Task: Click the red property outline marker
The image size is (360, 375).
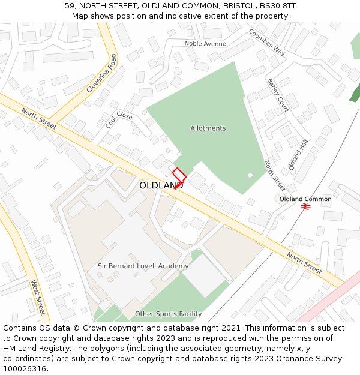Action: click(179, 178)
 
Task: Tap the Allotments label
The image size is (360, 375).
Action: click(208, 128)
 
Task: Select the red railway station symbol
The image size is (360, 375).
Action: click(305, 207)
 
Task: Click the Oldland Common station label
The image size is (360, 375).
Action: click(305, 199)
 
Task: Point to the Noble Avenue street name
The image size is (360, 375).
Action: click(205, 44)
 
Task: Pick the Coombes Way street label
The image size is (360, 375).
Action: click(267, 42)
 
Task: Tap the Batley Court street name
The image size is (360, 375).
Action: click(278, 95)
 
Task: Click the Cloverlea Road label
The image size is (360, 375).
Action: click(101, 73)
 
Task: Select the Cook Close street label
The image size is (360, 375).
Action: click(119, 119)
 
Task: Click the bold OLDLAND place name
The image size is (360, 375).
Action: click(161, 186)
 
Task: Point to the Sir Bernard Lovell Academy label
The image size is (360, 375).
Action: click(143, 266)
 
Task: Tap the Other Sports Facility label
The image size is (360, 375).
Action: click(168, 314)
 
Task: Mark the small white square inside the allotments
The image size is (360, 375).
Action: click(250, 175)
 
